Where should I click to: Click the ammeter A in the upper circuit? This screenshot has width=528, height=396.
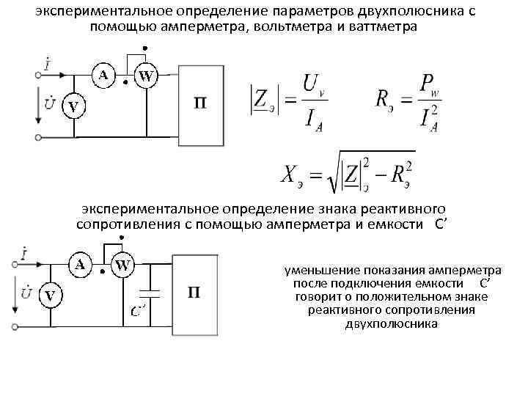click(103, 74)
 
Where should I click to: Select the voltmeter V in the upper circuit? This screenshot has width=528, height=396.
click(73, 107)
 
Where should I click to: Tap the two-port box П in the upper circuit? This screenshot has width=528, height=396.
click(199, 102)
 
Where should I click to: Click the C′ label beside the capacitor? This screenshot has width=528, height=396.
click(138, 310)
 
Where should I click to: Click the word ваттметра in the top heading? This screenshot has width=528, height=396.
click(381, 26)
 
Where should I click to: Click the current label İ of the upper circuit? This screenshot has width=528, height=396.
click(48, 65)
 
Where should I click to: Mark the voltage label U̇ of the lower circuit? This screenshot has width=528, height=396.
click(26, 293)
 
